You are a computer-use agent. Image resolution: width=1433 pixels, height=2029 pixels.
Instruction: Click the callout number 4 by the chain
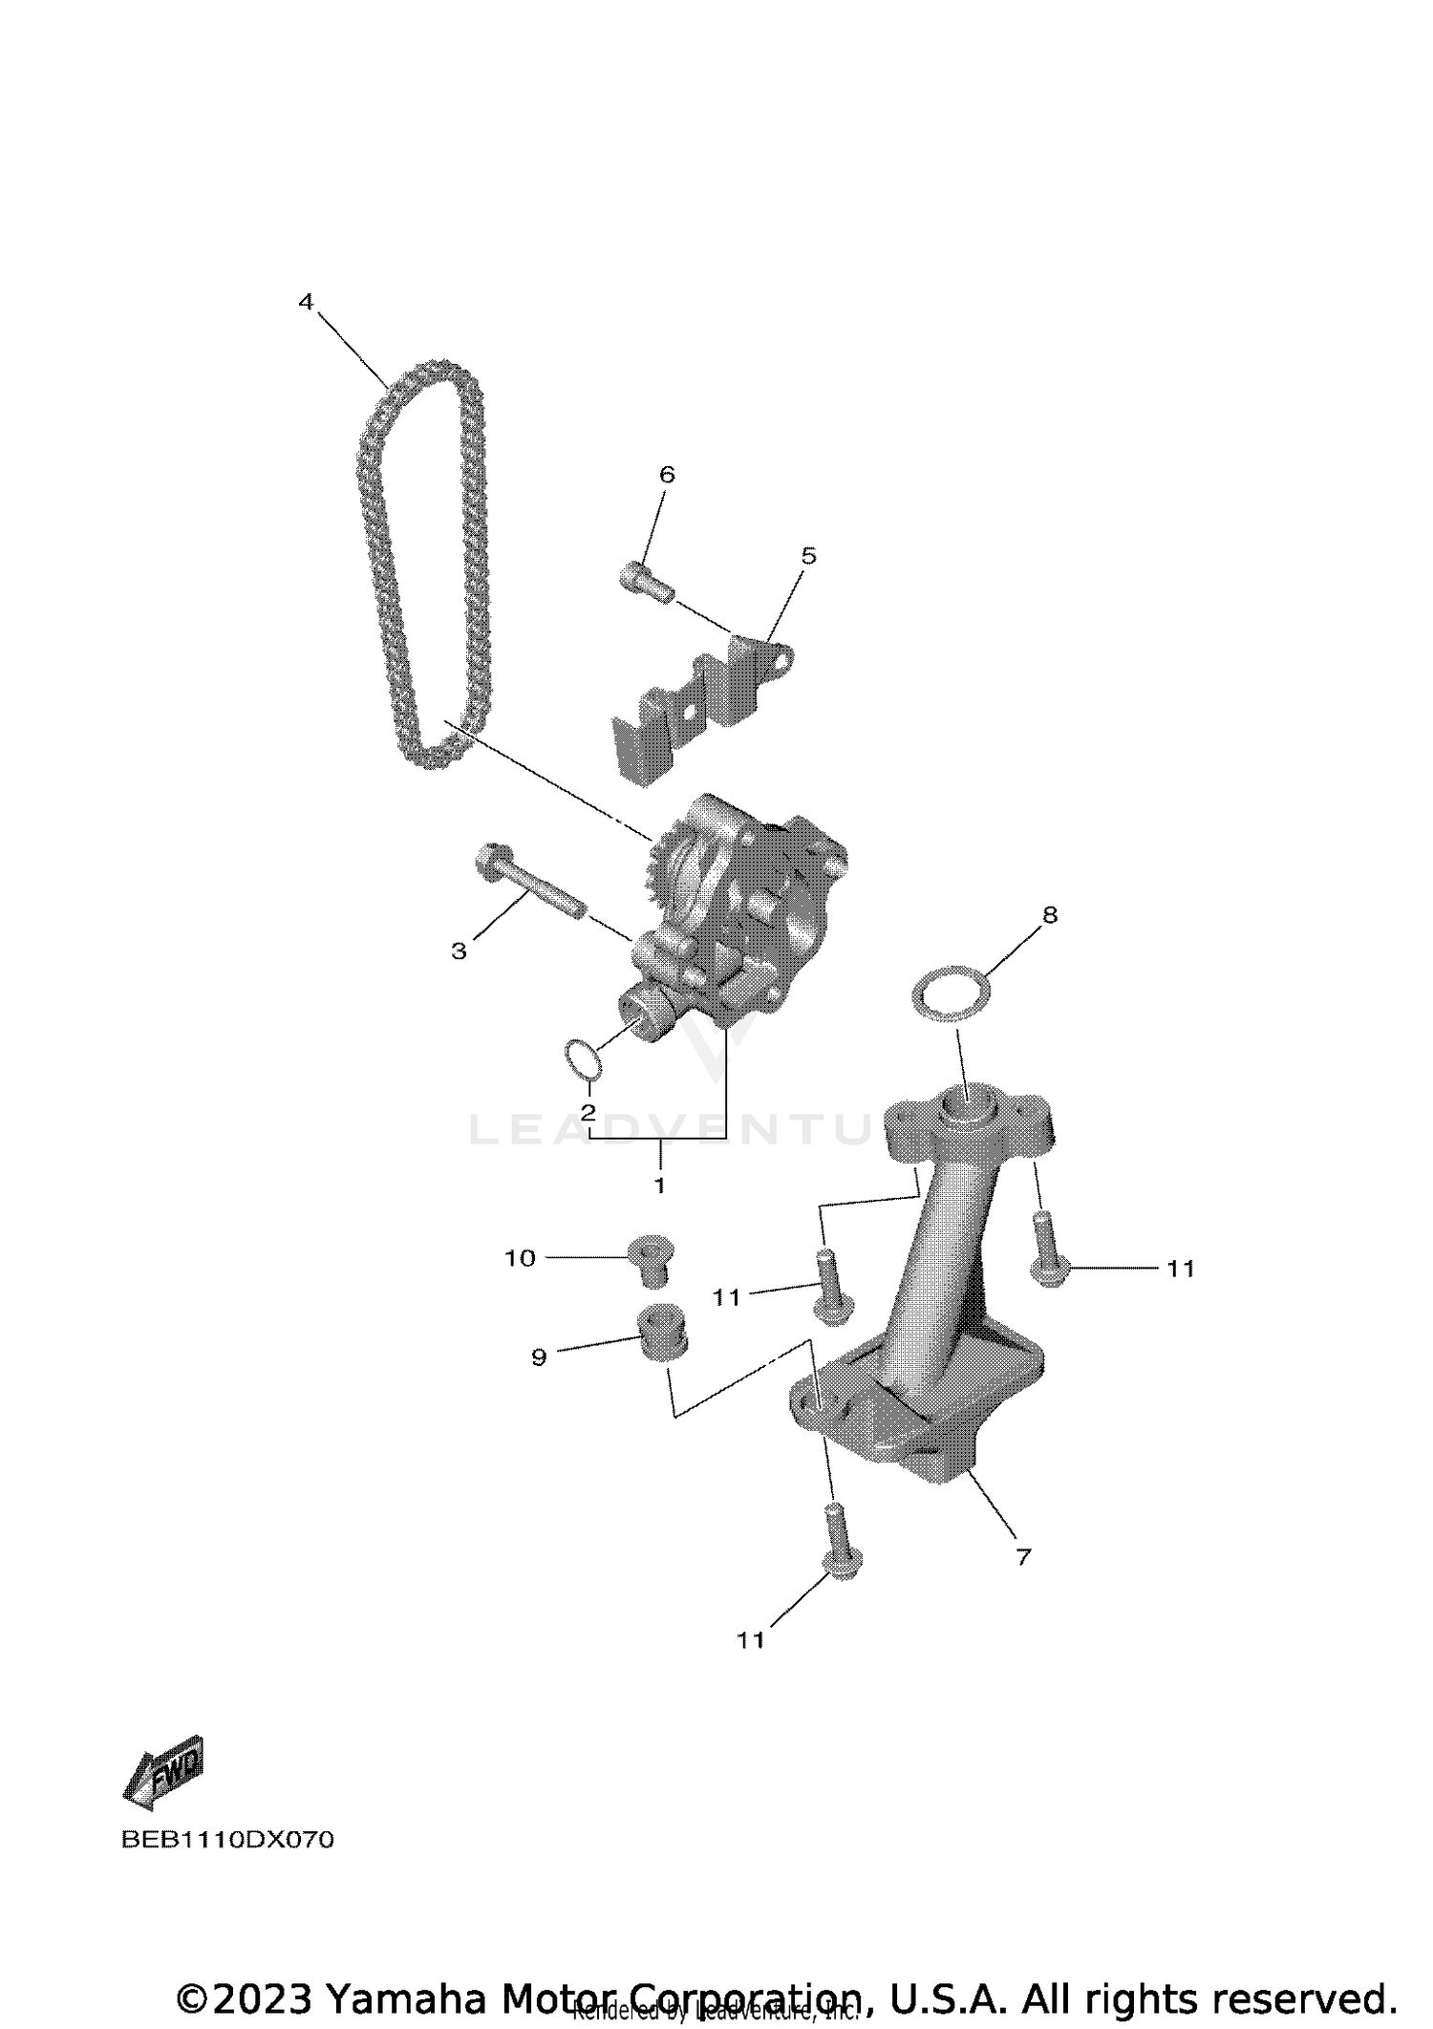pyautogui.click(x=306, y=303)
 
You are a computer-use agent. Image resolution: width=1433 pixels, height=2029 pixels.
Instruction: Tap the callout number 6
pyautogui.click(x=667, y=475)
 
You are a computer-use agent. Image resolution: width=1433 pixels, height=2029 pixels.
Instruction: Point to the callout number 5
pyautogui.click(x=808, y=556)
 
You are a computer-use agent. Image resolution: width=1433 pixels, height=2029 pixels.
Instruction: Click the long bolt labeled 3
pyautogui.click(x=527, y=882)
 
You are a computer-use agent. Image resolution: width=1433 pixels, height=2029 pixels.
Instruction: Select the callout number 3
pyautogui.click(x=460, y=950)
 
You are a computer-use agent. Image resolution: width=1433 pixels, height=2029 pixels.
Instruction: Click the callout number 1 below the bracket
pyautogui.click(x=659, y=1185)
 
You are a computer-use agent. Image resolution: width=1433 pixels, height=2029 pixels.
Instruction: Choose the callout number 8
pyautogui.click(x=1050, y=915)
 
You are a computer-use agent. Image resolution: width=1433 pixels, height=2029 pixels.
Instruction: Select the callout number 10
pyautogui.click(x=520, y=1259)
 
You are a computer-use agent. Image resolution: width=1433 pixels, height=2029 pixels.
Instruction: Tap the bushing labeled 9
pyautogui.click(x=662, y=1333)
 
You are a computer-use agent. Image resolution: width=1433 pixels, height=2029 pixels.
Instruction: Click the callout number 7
pyautogui.click(x=1023, y=1557)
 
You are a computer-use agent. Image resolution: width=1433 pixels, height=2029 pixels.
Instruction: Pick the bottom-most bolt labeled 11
pyautogui.click(x=840, y=1556)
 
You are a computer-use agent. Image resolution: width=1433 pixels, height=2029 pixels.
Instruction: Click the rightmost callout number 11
pyautogui.click(x=1181, y=1269)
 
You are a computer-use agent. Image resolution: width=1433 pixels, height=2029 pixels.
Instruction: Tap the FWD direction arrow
pyautogui.click(x=164, y=1772)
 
